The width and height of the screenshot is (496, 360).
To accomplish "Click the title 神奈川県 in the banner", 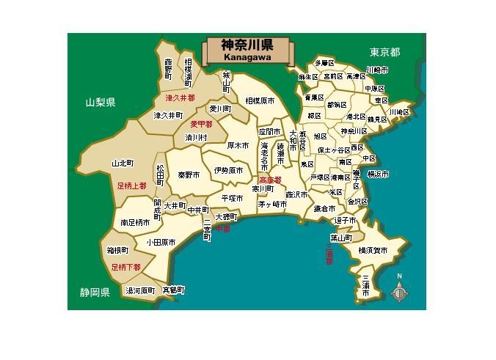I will pos(249,45).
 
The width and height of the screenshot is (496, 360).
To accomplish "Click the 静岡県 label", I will pos(95,293).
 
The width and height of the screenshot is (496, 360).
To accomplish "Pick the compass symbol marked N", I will pos(399,291).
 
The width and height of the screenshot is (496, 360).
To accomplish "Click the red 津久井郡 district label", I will pos(178,98).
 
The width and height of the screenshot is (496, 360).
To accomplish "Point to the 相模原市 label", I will pos(260,100).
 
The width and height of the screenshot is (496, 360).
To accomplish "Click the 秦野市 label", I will pos(189,175).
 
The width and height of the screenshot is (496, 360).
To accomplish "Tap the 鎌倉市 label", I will pos(324,209).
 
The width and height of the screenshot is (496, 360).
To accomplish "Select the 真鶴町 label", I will pos(173,290).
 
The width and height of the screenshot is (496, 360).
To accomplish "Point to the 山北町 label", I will pos(123,164).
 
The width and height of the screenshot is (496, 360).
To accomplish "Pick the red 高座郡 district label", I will pos(270,179).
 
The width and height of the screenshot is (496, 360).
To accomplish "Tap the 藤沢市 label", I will pos(298,195).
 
